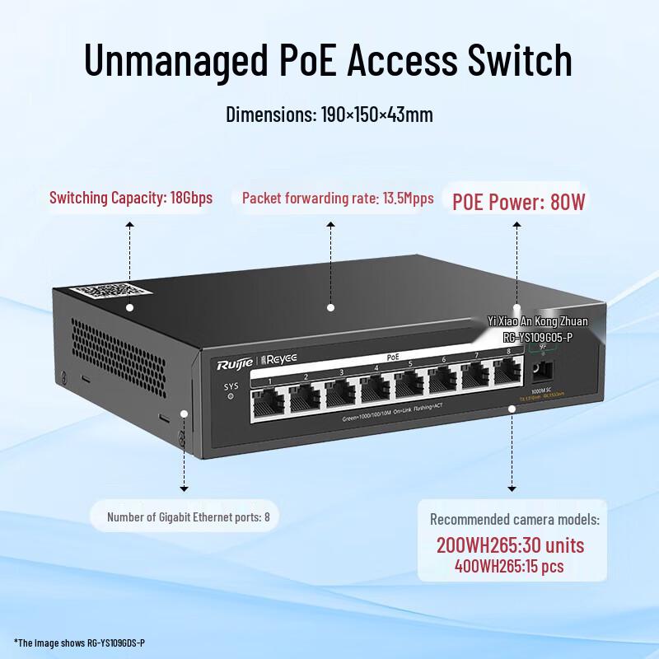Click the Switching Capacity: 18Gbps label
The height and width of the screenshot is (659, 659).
(131, 198)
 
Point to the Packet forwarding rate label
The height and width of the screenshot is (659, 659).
(338, 199)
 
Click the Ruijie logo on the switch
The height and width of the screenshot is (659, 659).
(236, 363)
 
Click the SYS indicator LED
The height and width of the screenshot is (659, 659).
(230, 396)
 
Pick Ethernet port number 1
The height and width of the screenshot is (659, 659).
(269, 401)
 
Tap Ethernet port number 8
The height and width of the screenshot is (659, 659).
(507, 375)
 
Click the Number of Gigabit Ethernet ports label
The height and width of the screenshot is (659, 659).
(189, 518)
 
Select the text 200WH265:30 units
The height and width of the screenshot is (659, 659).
(510, 545)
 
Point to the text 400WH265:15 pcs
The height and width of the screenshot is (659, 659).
(510, 567)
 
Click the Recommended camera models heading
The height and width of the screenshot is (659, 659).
(515, 520)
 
